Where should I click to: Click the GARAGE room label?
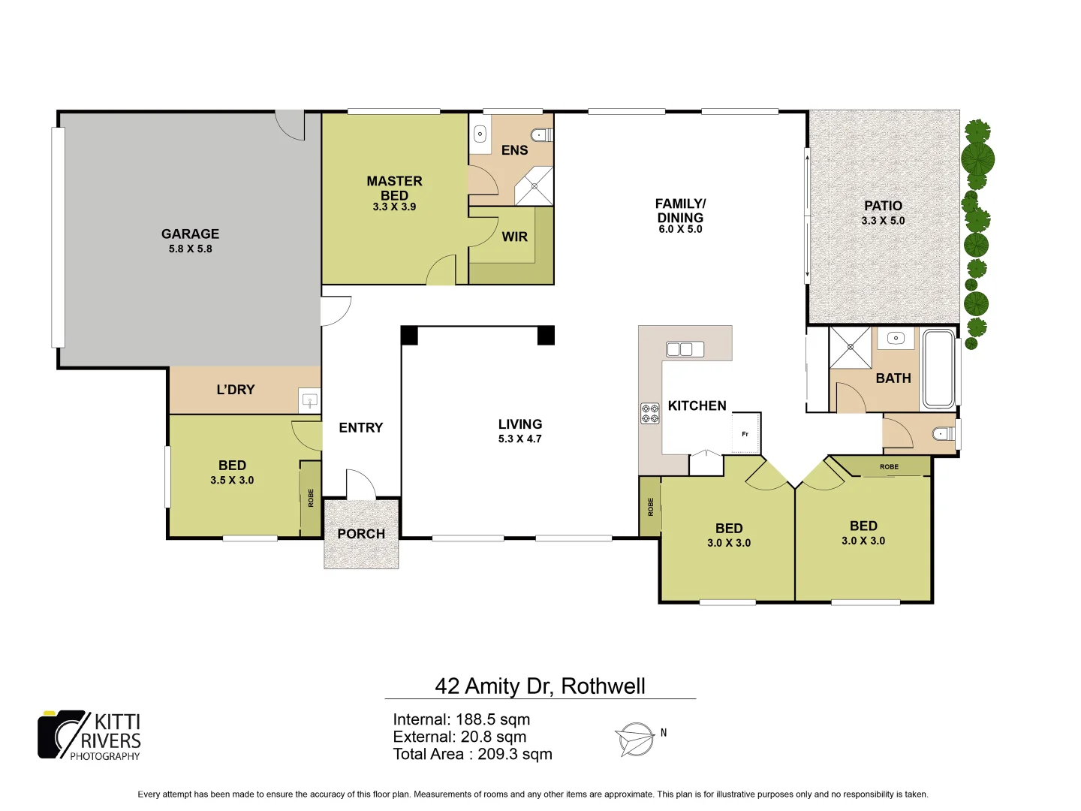tap(190, 234)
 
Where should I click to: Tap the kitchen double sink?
tap(685, 349)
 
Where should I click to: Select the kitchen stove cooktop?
tap(649, 414)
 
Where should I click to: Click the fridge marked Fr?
tap(745, 433)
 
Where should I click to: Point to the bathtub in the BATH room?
tap(938, 369)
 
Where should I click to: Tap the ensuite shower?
tap(534, 186)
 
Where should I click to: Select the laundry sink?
tap(309, 400)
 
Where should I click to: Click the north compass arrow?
tap(635, 739)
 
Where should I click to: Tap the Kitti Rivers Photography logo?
tap(89, 736)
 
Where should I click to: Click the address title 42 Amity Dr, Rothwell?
tap(540, 686)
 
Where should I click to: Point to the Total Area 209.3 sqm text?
tap(472, 754)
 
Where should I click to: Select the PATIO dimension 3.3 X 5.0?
tap(883, 221)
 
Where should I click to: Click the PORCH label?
tap(361, 534)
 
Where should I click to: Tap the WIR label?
tap(514, 237)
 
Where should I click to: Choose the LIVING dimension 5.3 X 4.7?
tap(519, 439)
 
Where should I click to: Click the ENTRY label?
tap(360, 427)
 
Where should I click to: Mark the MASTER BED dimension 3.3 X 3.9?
tap(394, 207)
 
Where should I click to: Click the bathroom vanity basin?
tap(896, 339)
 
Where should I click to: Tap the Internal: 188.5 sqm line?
tap(461, 719)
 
